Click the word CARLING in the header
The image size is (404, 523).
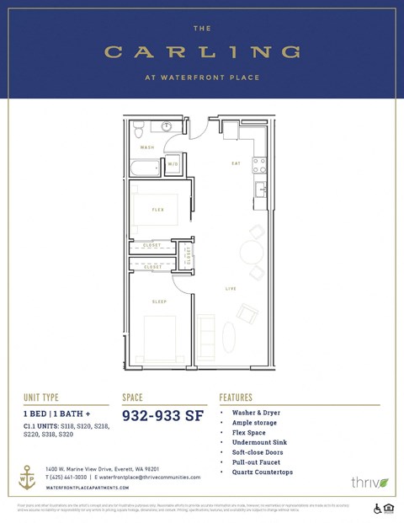pos(202,52)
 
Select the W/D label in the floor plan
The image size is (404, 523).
pos(173,163)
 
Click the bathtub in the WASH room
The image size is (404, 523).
pos(145,168)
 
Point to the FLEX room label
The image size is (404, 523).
pos(157,209)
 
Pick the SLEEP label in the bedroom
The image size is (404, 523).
pos(159,302)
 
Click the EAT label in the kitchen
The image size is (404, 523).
pos(237,163)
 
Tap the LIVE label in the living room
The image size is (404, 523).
pos(231,289)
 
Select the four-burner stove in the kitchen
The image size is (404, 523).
pos(260,165)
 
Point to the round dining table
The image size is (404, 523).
pos(252,252)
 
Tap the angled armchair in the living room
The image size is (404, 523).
pos(247,314)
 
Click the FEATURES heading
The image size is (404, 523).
pos(242,397)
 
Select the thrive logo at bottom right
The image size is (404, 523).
pos(370,482)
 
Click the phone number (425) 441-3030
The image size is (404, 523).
pos(68,477)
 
